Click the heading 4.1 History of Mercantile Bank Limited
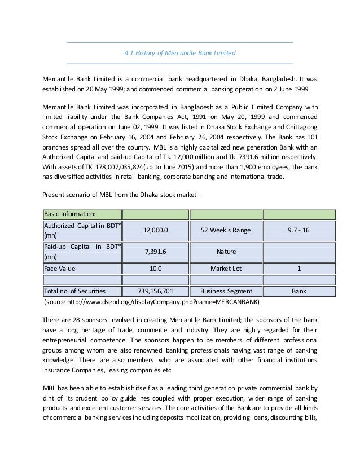(x=179, y=53)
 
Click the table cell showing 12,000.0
(x=155, y=231)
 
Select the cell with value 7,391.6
(x=155, y=251)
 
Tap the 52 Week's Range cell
(x=226, y=231)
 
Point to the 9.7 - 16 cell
(x=299, y=231)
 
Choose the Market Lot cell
(x=226, y=269)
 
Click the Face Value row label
(x=60, y=269)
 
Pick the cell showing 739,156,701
(x=155, y=291)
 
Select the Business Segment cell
(x=226, y=291)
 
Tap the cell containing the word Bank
(x=299, y=291)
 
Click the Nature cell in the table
(x=226, y=251)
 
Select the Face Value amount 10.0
(x=155, y=269)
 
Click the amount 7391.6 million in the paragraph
(x=271, y=156)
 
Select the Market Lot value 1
(x=299, y=269)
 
